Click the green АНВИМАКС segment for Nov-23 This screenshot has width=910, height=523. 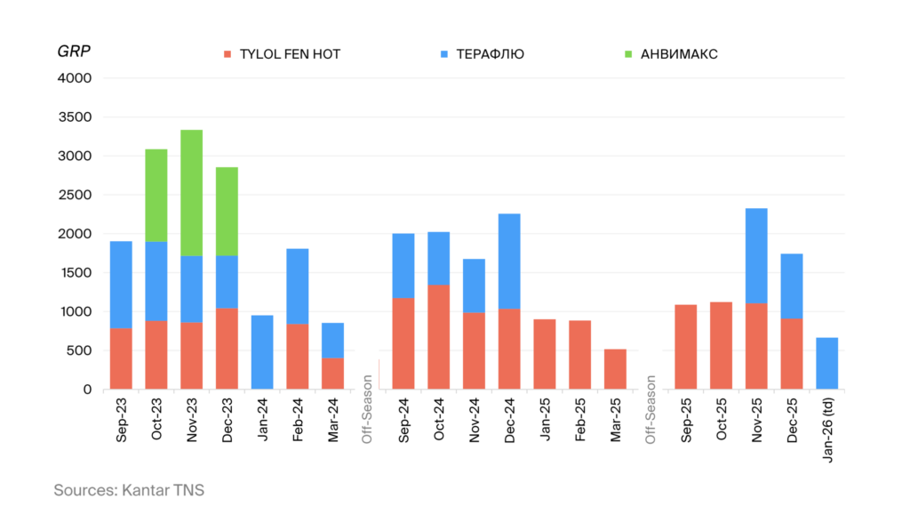(x=191, y=193)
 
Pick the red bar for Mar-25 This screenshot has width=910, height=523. (x=615, y=369)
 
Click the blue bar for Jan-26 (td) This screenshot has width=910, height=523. (x=827, y=363)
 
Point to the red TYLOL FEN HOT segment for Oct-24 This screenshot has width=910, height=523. (x=438, y=337)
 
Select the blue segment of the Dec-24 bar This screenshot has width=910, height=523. (x=509, y=261)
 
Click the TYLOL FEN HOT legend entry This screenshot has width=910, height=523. (x=282, y=54)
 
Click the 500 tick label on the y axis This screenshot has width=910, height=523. (x=79, y=350)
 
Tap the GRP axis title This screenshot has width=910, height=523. (x=73, y=51)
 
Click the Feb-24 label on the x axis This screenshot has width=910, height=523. (x=298, y=418)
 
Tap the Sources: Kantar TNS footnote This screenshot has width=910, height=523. (x=129, y=490)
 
